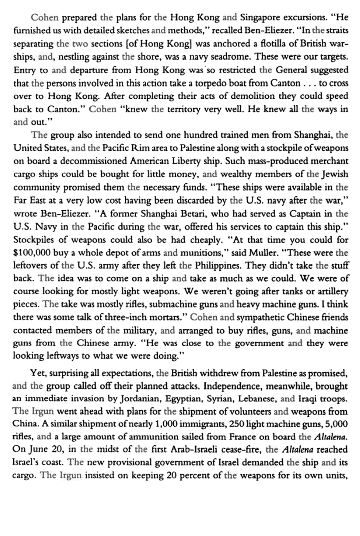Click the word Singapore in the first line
coord(258,19)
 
